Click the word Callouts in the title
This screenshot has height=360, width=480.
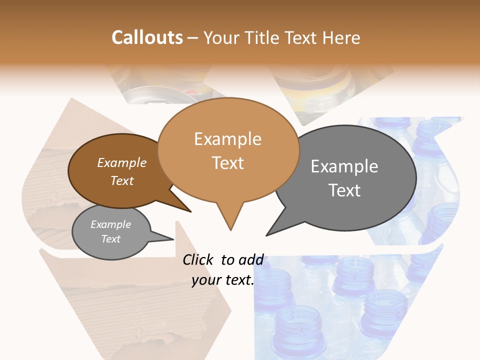[147, 37]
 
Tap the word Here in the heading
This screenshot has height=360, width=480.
[342, 37]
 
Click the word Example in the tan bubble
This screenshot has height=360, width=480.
[227, 139]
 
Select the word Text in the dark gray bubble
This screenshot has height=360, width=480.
[344, 190]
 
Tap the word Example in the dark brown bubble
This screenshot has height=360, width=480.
[121, 163]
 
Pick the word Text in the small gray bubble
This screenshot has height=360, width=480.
[110, 239]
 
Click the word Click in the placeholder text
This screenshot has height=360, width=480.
[199, 259]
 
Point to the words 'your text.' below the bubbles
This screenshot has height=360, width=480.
[222, 280]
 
